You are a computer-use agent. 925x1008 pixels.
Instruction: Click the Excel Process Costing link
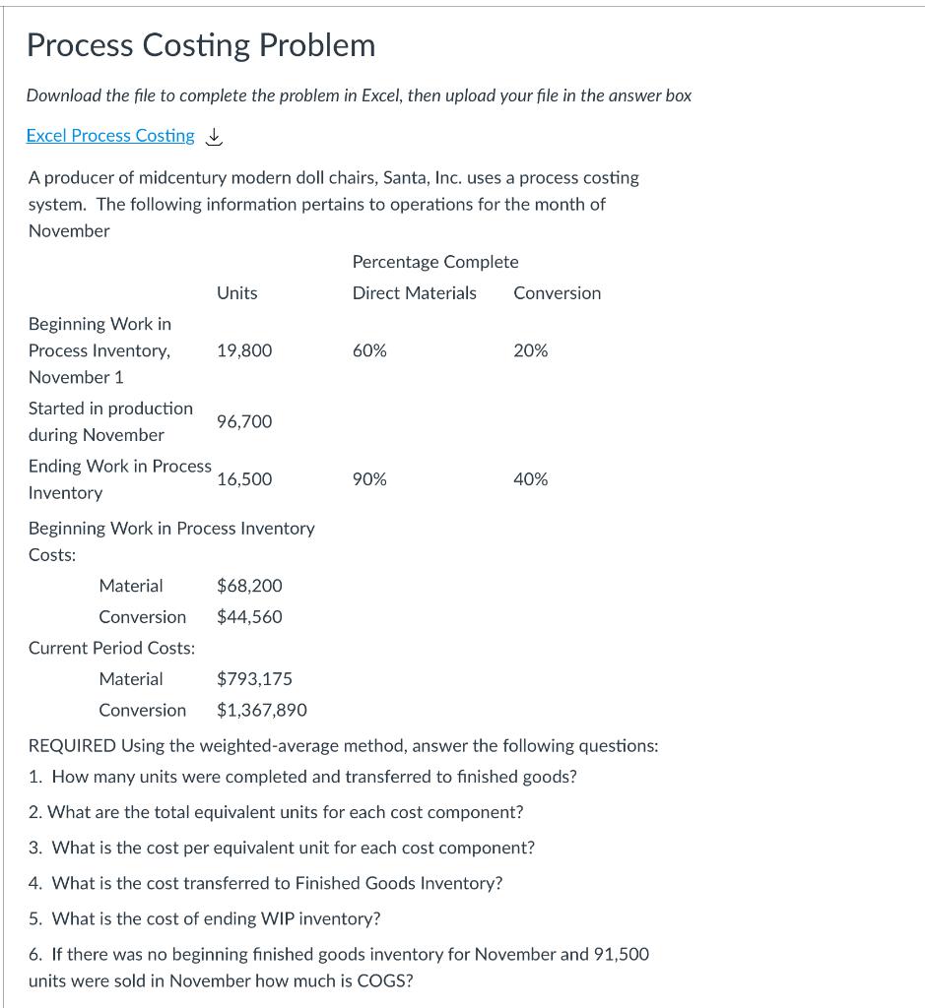(110, 136)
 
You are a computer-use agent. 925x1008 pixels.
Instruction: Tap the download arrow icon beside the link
(214, 137)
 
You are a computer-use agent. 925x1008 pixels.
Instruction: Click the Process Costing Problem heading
(201, 45)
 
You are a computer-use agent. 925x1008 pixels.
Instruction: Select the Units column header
(236, 293)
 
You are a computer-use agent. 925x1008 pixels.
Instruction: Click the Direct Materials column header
(414, 293)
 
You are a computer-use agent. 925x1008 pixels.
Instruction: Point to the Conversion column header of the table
(557, 293)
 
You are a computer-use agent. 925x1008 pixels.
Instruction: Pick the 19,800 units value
(244, 350)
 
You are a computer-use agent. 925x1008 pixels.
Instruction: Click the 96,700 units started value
(244, 421)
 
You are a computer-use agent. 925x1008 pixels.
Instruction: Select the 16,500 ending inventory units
(244, 479)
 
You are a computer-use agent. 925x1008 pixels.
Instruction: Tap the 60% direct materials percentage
(369, 350)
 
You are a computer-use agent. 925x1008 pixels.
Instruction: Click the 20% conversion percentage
(531, 350)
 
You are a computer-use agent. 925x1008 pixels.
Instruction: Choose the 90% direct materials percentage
(369, 479)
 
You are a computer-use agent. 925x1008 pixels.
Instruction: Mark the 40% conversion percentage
(531, 479)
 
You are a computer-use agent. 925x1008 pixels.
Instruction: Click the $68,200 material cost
(249, 586)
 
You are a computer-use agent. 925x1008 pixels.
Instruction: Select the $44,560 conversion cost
(249, 617)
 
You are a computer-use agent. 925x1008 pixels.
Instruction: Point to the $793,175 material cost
(254, 679)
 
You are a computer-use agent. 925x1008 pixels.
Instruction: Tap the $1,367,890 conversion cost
(262, 711)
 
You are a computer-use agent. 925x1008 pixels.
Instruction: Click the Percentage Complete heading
(435, 262)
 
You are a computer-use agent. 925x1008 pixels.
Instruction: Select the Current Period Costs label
(111, 648)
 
